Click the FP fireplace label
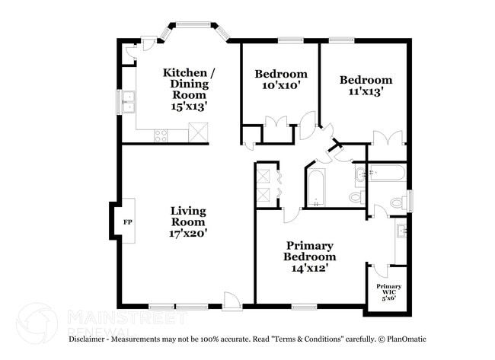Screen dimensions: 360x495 pyautogui.click(x=127, y=222)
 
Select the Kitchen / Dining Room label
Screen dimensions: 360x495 pyautogui.click(x=189, y=90)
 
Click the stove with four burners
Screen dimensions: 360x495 pyautogui.click(x=161, y=135)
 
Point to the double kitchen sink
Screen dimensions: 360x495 pyautogui.click(x=128, y=102)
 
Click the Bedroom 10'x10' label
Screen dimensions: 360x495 pyautogui.click(x=281, y=80)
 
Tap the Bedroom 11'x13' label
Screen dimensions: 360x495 pyautogui.click(x=366, y=85)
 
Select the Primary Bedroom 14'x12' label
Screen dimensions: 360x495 pyautogui.click(x=310, y=256)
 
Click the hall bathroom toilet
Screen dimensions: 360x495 pyautogui.click(x=356, y=198)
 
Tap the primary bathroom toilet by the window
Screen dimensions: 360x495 pyautogui.click(x=397, y=203)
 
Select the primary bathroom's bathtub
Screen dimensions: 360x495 pyautogui.click(x=385, y=173)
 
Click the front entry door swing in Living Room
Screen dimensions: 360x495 pyautogui.click(x=232, y=301)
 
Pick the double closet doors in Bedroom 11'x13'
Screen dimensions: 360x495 pyautogui.click(x=388, y=138)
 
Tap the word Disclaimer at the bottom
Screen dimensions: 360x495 pyautogui.click(x=89, y=339)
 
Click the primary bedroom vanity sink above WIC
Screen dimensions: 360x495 pyautogui.click(x=401, y=231)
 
